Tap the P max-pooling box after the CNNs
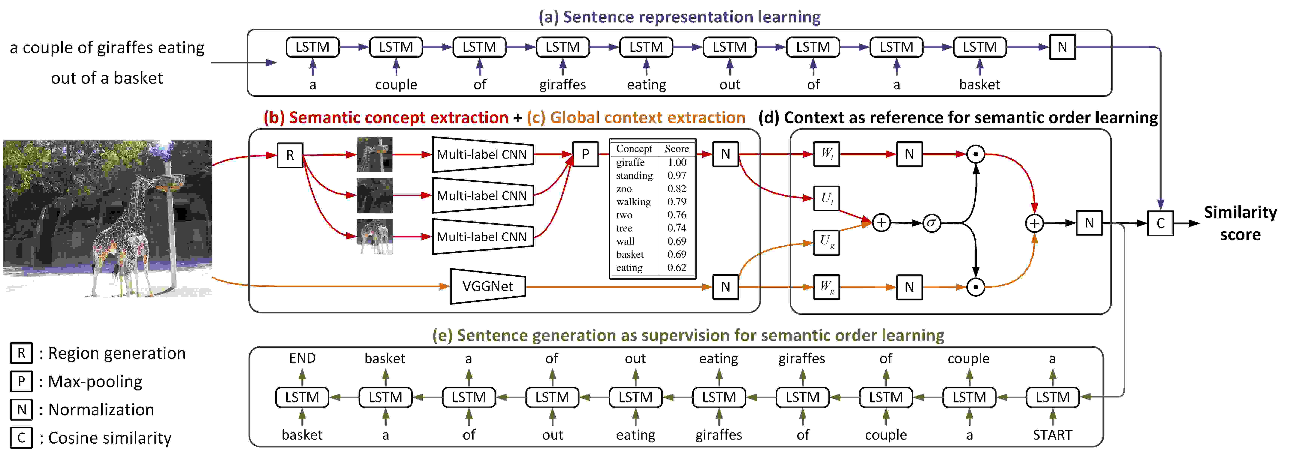(x=585, y=154)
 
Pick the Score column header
(x=677, y=148)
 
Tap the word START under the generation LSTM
(x=1052, y=435)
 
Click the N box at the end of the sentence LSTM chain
(x=1062, y=47)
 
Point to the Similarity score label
(x=1240, y=223)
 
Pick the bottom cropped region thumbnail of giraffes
(x=375, y=237)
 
